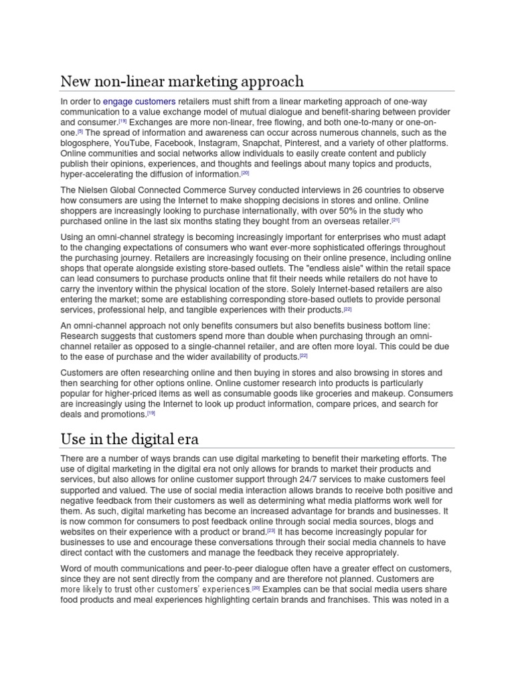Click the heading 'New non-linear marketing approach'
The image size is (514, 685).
[x=182, y=82]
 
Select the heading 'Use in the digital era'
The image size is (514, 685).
[x=131, y=439]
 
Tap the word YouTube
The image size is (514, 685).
[x=137, y=143]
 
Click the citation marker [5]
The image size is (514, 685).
[x=80, y=132]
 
